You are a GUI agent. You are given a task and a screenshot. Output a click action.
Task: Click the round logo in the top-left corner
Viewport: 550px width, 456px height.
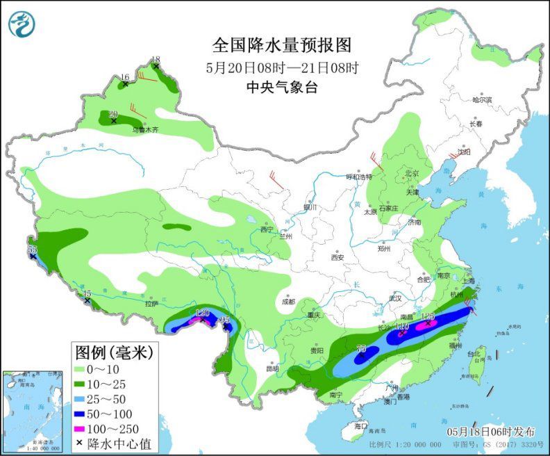[23, 23]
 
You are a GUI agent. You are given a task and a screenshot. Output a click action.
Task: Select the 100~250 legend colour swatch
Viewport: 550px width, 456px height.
[86, 427]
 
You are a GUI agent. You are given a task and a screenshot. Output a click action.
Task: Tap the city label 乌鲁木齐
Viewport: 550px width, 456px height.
[146, 129]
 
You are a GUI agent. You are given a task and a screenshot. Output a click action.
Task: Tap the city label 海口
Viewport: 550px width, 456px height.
[360, 425]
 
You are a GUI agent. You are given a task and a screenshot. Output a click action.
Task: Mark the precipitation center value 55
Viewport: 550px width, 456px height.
[32, 249]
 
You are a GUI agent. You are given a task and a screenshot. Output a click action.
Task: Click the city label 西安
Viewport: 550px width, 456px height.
[337, 256]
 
